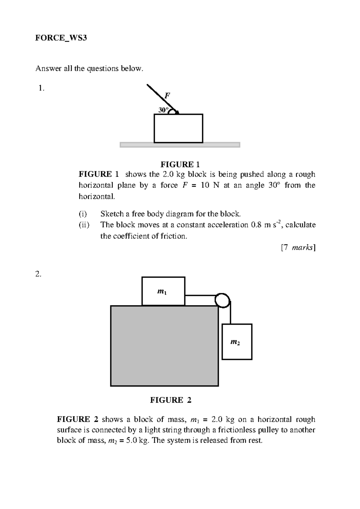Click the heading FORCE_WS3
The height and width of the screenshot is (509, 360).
tap(61, 38)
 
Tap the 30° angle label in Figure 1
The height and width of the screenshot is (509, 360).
tap(162, 110)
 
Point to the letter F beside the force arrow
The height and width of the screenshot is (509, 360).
tap(167, 96)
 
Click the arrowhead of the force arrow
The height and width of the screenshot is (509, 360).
tap(177, 112)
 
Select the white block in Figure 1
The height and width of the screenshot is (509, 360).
tap(178, 128)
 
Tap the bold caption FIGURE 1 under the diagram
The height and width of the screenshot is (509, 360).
tap(180, 164)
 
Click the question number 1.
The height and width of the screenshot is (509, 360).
tap(41, 88)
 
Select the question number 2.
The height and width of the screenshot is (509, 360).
tap(38, 274)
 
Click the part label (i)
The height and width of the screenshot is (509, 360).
tap(83, 214)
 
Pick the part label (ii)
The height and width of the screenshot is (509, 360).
tap(84, 225)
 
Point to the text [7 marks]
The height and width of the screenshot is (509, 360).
tap(298, 248)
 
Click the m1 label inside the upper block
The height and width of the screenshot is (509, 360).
tap(162, 291)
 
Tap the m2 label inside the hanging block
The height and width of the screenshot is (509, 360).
tap(235, 342)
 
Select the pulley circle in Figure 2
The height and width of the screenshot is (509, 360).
tap(222, 300)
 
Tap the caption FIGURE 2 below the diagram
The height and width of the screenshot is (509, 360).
tap(170, 400)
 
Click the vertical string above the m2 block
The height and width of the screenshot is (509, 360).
tap(230, 314)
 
